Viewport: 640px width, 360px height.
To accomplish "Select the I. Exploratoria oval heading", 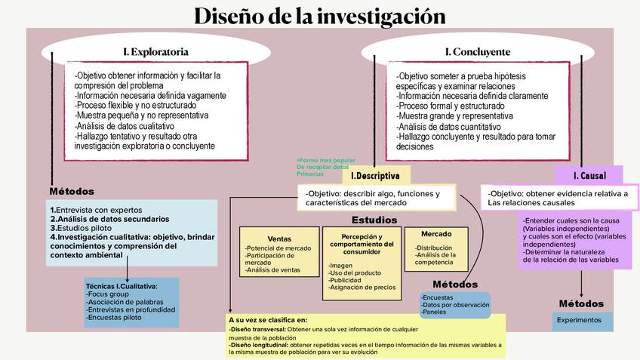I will (x=155, y=52).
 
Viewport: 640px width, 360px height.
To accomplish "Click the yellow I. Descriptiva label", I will (x=375, y=176).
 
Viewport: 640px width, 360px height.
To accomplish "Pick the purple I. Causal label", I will (x=589, y=176).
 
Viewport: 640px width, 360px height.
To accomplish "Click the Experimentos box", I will (x=579, y=320).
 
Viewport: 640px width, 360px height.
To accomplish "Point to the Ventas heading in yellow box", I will (x=279, y=238).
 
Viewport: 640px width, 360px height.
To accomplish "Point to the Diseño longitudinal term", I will (x=259, y=345).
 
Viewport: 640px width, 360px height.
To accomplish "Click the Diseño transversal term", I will (x=258, y=330).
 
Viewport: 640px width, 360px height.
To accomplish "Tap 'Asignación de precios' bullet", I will (x=362, y=287).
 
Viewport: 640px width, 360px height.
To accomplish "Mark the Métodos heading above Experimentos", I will (x=581, y=303).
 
